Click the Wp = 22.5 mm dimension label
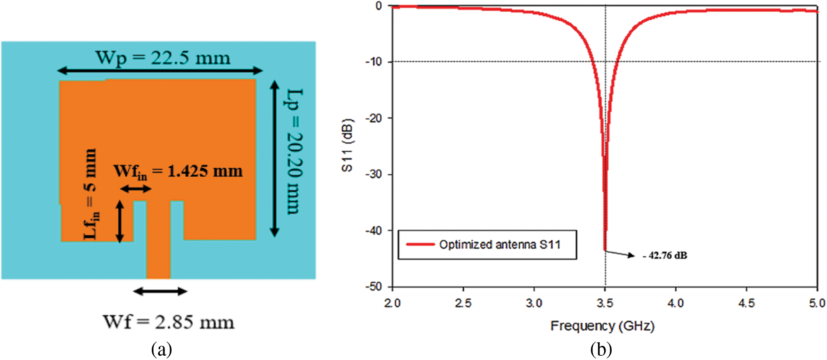point(163,58)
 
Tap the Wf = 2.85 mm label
point(168,322)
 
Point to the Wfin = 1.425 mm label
point(178,172)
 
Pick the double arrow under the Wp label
point(160,71)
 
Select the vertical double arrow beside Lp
point(275,158)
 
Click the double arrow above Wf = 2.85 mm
point(160,291)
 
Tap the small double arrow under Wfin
point(136,189)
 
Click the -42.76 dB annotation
point(665,256)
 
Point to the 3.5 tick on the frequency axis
point(605,303)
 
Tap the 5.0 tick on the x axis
point(817,303)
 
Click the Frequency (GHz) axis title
point(602,326)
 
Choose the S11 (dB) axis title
point(347,145)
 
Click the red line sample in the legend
point(420,244)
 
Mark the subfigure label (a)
point(162,350)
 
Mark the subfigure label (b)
point(601,350)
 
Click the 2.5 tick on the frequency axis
point(463,303)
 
